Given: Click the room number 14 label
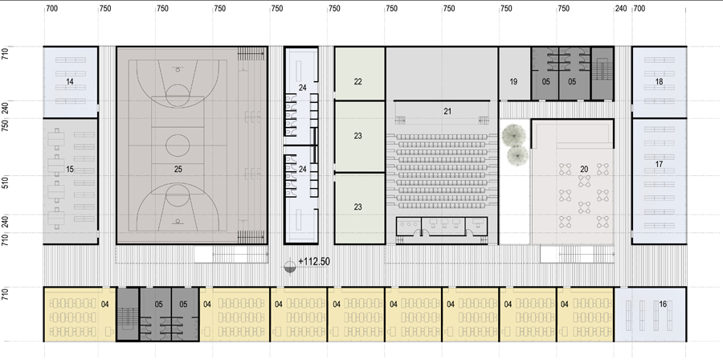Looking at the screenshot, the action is [x=70, y=82].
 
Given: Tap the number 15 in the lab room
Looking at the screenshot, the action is [x=70, y=170].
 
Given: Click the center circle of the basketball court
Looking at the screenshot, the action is [x=178, y=145].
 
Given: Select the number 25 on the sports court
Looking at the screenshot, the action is [x=178, y=170].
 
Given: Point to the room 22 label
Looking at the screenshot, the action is [x=357, y=82].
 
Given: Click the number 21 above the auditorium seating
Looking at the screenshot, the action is [x=447, y=111].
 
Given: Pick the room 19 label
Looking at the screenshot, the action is [x=513, y=82].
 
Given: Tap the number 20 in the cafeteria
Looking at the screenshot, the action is [x=584, y=170].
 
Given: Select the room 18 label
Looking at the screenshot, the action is [x=659, y=82].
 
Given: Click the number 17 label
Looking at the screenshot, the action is [x=659, y=164].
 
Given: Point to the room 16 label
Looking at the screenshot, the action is [x=663, y=305].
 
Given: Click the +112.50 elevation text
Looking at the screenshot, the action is [x=314, y=261].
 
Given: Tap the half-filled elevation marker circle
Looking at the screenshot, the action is [x=289, y=268].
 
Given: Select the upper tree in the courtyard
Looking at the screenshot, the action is [x=513, y=133].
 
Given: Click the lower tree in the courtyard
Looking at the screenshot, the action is [x=517, y=155].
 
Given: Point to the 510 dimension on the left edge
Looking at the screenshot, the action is [x=6, y=185].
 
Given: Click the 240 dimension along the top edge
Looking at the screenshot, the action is [x=621, y=8].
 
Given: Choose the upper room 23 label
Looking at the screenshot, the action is [x=357, y=136].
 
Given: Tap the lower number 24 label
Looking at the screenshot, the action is [x=302, y=170].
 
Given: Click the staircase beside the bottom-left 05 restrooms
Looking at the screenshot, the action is [x=127, y=314].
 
